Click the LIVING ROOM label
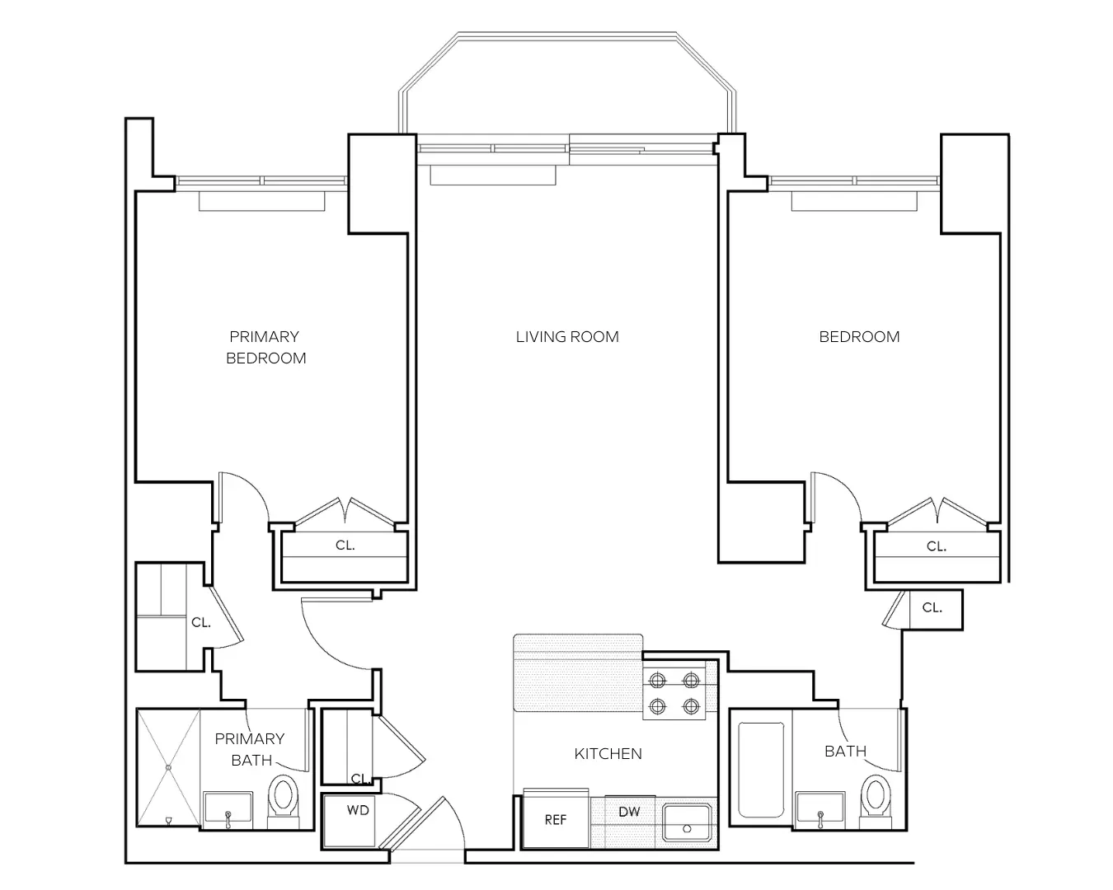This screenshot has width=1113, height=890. tap(567, 337)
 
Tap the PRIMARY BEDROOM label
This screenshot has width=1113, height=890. tap(265, 347)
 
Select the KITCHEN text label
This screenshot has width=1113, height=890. tap(608, 753)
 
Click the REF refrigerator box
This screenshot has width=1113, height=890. tap(556, 820)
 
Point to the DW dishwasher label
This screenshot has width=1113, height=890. tap(629, 812)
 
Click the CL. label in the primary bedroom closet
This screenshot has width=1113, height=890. tap(345, 546)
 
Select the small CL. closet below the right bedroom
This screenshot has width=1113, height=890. tap(932, 608)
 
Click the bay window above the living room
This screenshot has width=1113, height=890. tap(566, 82)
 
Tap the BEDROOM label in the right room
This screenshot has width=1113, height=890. tap(859, 337)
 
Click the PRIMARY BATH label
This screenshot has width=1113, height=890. tap(250, 749)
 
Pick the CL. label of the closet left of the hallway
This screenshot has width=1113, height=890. tap(200, 623)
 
